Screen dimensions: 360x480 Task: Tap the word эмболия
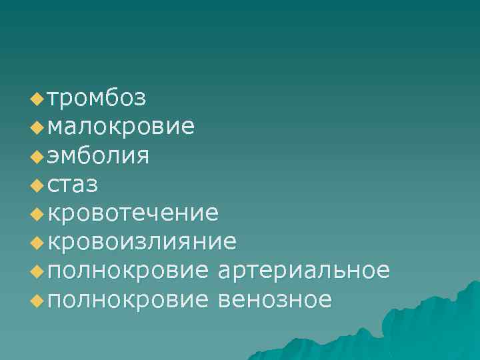tap(99, 156)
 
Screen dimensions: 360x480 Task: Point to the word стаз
tap(73, 185)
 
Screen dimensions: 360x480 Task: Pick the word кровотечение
tap(133, 213)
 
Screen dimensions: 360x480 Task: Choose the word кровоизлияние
tap(142, 242)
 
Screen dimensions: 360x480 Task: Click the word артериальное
tap(303, 271)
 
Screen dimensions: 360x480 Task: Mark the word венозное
tap(275, 299)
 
